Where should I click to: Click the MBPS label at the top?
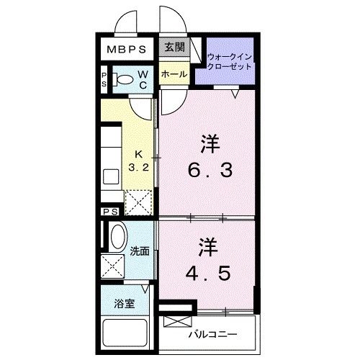[x=127, y=50]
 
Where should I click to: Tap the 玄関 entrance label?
[x=174, y=48]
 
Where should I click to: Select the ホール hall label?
[x=174, y=74]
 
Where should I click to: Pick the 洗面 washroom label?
[x=140, y=251]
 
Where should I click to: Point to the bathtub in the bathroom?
[x=127, y=334]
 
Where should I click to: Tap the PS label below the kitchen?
[x=110, y=212]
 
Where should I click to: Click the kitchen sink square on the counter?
[x=112, y=176]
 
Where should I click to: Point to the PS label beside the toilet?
[x=105, y=80]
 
